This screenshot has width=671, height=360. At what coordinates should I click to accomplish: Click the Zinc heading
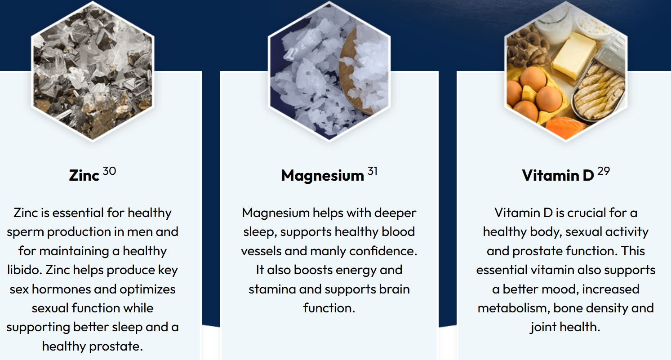click(x=84, y=175)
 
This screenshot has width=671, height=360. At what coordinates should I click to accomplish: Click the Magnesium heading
click(x=323, y=175)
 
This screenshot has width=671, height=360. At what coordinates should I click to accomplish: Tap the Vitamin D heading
click(x=558, y=175)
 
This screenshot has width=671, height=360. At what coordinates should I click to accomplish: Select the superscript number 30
click(x=109, y=171)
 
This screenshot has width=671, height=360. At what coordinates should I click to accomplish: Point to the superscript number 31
click(x=372, y=171)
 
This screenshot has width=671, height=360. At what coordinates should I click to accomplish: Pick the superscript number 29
click(x=604, y=171)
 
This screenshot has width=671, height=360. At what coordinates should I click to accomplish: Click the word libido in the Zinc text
click(x=24, y=270)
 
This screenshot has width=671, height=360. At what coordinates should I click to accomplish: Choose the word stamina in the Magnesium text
click(x=272, y=289)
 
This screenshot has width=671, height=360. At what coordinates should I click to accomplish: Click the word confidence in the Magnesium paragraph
click(x=383, y=251)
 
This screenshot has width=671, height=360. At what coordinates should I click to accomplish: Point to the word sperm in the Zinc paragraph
click(x=25, y=232)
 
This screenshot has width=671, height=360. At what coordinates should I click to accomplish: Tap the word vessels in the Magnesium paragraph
click(x=261, y=251)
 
